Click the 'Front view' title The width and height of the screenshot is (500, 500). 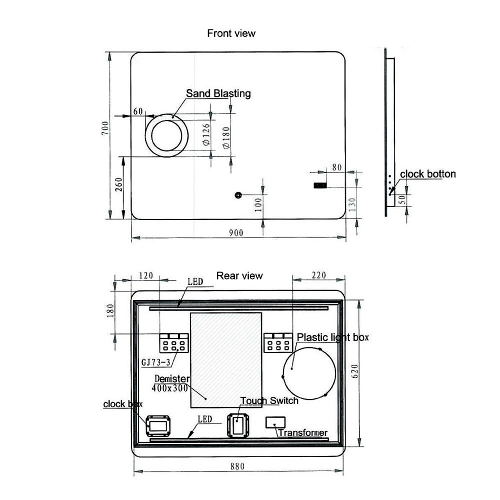(x=231, y=33)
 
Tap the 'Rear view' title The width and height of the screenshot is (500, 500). (x=239, y=276)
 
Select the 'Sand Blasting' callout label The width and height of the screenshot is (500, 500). (x=218, y=93)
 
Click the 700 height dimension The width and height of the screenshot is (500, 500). (x=105, y=128)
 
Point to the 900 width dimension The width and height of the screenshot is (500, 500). (x=236, y=233)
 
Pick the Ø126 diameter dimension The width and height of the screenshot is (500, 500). (x=206, y=134)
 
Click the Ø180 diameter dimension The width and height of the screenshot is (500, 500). (x=226, y=138)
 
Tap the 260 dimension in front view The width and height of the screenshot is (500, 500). (x=118, y=184)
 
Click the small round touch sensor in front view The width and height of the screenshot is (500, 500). (x=238, y=195)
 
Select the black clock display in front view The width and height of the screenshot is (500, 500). (x=320, y=185)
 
